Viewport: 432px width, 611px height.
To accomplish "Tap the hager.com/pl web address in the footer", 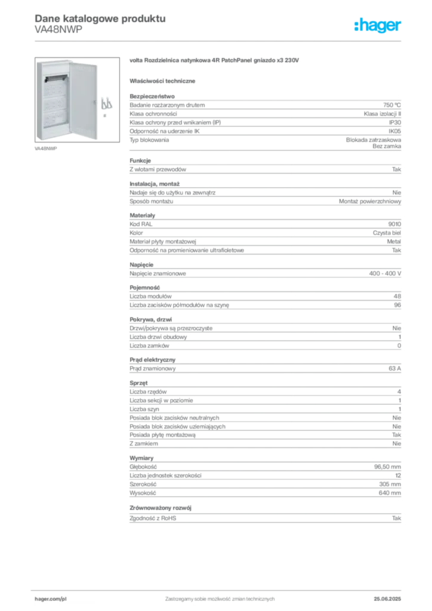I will [x=50, y=597].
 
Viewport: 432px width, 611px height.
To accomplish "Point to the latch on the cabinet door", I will [x=94, y=101].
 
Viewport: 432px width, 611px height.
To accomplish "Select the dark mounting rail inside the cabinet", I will [x=57, y=77].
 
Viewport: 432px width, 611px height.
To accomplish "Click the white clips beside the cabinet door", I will [x=107, y=103].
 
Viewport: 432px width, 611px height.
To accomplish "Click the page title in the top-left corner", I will [x=99, y=18].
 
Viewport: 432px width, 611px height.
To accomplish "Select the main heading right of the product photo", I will [x=214, y=60].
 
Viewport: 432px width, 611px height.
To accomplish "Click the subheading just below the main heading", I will [x=164, y=81].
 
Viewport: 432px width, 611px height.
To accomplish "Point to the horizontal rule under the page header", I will [x=220, y=40].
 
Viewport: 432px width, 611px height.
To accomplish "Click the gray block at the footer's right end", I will [x=391, y=595].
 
